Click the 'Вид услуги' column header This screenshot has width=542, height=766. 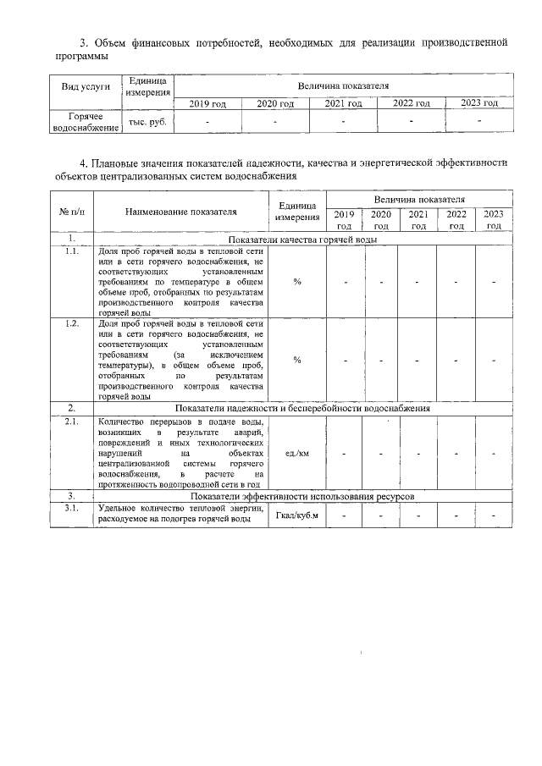coord(86,87)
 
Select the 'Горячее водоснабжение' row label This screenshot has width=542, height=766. coord(86,121)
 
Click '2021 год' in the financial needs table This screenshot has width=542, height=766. coord(343,103)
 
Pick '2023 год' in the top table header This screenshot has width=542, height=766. coord(478,103)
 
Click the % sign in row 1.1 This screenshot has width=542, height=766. coord(297,282)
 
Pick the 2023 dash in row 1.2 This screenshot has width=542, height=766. coord(493,360)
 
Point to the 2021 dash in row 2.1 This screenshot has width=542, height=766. coord(418,454)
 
